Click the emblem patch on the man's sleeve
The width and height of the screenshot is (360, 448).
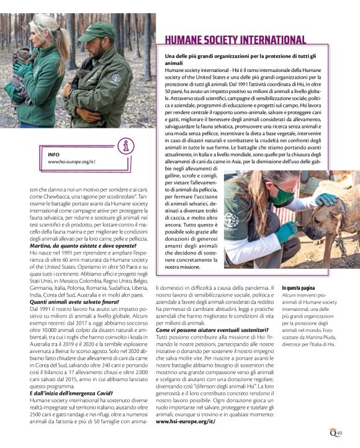[x=116, y=79]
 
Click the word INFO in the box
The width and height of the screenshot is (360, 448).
[x=54, y=153]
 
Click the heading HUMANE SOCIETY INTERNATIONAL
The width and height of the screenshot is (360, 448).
[x=235, y=40]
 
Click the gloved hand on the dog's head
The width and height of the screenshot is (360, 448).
[x=325, y=200]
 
